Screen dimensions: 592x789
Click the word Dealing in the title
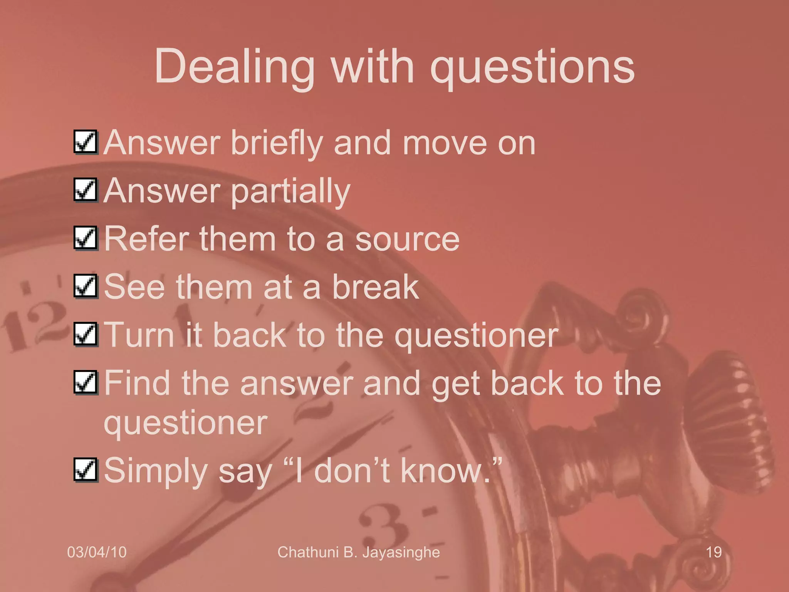coord(234,66)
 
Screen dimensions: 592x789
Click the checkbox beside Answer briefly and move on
coord(86,142)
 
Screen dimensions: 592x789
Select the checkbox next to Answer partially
coord(86,190)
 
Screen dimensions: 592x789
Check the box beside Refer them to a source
coord(86,238)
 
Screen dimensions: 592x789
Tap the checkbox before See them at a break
coord(86,286)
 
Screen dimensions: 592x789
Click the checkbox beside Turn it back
coord(86,335)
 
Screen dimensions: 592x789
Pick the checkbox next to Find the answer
coord(86,383)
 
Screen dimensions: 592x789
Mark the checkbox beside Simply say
coord(86,470)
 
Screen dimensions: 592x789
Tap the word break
coord(375,287)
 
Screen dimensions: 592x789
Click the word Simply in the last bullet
coord(156,471)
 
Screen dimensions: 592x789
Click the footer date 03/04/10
coord(97,552)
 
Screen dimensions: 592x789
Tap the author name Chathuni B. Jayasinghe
coord(358,552)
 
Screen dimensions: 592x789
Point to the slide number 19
coord(713,552)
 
